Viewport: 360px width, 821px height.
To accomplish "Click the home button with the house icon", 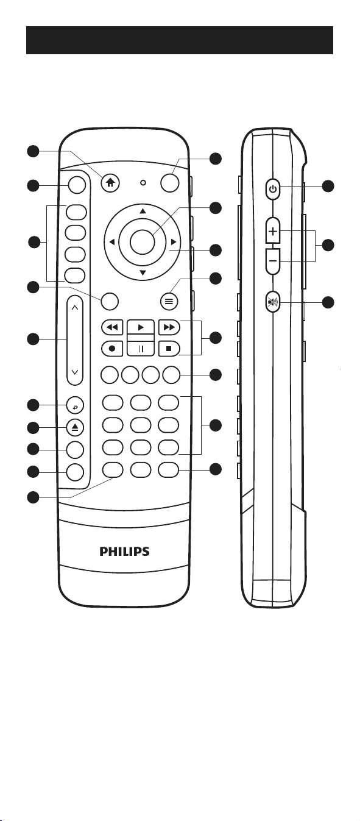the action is pos(110,182).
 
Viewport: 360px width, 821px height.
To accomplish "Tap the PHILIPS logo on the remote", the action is pos(124,552).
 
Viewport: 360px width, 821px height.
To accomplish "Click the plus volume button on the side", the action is pos(273,230).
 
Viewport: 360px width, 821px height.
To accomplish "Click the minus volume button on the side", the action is pos(273,261).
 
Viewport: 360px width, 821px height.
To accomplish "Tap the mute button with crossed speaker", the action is pos(273,302).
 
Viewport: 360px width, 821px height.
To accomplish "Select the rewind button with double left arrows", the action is pos(112,327).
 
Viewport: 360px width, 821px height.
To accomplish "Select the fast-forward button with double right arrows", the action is pos(169,327).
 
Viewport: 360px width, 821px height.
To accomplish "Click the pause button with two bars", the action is pos(141,349).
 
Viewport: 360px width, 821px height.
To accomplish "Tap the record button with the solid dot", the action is pos(112,349).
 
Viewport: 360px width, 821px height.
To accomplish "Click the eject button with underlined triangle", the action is pos(75,428).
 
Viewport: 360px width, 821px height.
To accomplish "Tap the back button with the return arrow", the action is pos(75,405).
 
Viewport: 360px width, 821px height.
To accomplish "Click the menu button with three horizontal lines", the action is pos(169,302).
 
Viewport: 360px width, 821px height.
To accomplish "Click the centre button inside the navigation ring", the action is pos(142,242).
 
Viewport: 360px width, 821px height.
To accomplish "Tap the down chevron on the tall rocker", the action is pos(75,372).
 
